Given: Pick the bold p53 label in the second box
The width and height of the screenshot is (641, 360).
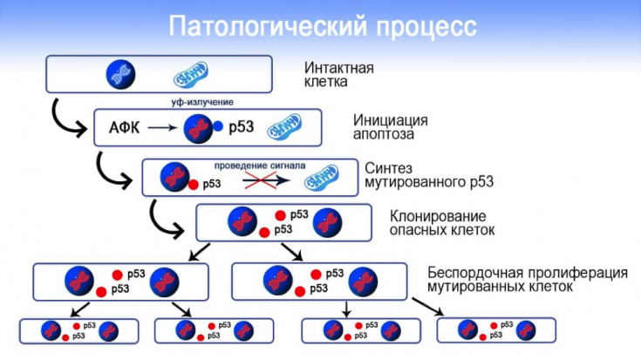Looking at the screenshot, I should coord(241,128).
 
